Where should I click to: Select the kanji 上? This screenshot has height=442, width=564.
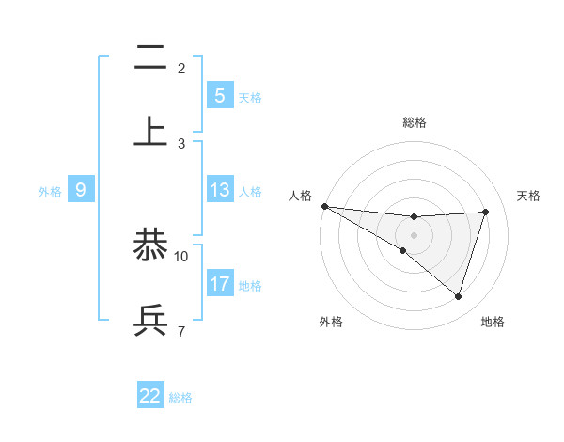pos(150,131)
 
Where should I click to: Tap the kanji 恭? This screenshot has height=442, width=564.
pos(150,245)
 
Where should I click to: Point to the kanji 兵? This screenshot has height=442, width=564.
pos(150,320)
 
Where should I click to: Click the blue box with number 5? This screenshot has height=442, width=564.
pos(219,95)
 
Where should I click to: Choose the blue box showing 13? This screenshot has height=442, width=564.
pos(219,190)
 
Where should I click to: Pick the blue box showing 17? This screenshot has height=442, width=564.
pos(219,283)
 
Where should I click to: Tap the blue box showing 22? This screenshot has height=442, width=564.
pos(150,396)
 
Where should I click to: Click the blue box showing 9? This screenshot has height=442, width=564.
pos(81,190)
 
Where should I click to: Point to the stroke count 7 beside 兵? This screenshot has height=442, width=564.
pos(181,330)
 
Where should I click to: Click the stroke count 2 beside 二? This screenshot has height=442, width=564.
pos(181,68)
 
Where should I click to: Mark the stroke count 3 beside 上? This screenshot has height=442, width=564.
pos(181,143)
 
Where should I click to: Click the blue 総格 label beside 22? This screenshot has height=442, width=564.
pos(180,398)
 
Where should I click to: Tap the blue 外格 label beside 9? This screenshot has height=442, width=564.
pos(50,191)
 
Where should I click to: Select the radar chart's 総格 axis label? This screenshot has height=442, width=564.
pos(414,122)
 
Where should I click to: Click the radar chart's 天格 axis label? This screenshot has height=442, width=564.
pos(528,196)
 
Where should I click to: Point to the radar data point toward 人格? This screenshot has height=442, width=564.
pos(324,206)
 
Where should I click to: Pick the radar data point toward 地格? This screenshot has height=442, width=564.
pos(458,296)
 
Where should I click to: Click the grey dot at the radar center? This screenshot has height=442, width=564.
pos(414,234)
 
